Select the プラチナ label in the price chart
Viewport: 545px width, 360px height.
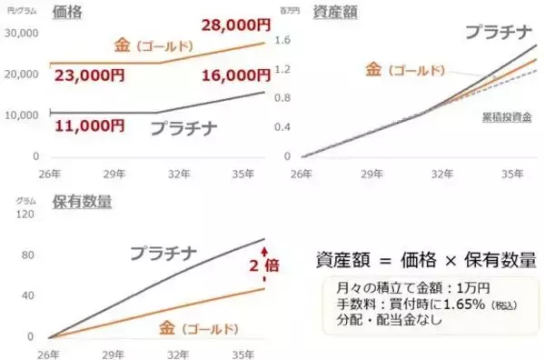(x=183, y=129)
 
